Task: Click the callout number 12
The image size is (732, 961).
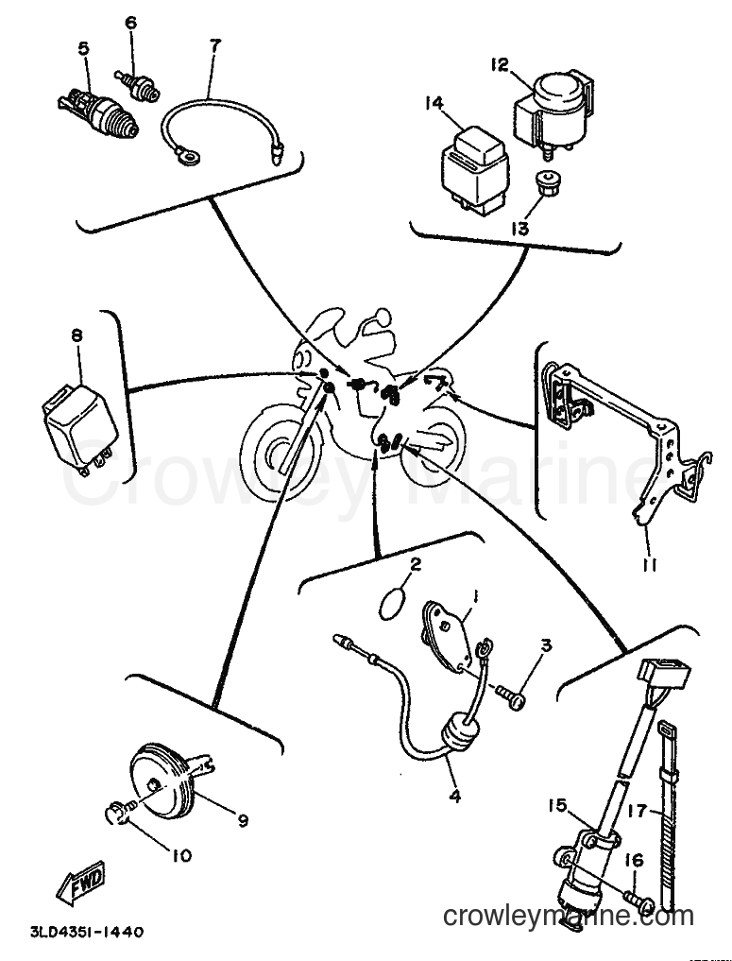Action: click(x=500, y=63)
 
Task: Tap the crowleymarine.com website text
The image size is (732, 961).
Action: click(x=569, y=918)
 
